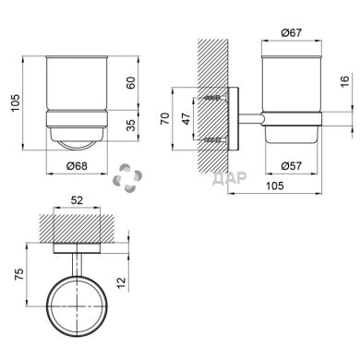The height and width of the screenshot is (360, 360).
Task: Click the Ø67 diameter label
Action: point(292,32)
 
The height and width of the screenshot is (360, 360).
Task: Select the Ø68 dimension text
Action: point(77,166)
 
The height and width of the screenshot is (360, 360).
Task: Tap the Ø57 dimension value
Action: point(292,166)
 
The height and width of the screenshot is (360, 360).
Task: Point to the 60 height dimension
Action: point(131,83)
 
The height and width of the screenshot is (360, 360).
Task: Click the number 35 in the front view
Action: point(131,125)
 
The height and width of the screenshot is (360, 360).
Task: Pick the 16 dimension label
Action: point(345,80)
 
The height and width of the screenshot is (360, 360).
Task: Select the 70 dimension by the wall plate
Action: point(165,118)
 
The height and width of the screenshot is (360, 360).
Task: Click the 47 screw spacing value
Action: point(186,118)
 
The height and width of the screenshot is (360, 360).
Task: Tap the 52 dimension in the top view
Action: point(77,200)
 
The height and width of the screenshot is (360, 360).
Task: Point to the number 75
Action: point(19,274)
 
